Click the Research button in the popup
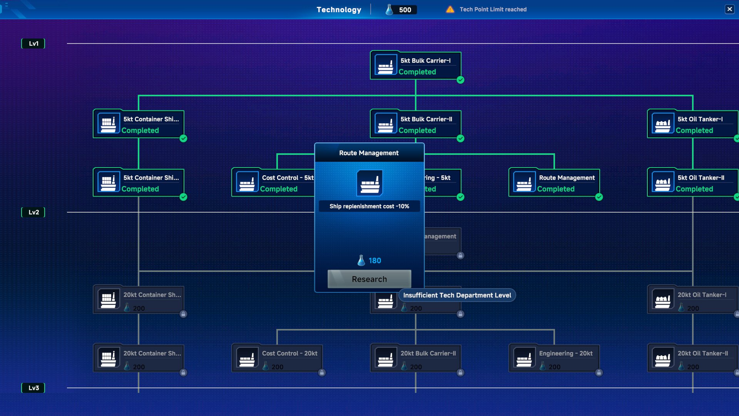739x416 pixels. tap(369, 279)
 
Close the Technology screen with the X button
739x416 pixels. tap(729, 9)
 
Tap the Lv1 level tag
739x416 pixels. tap(33, 44)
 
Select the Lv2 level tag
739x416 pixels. tap(33, 212)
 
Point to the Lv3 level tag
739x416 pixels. tap(33, 388)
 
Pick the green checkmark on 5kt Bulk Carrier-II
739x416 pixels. tap(460, 139)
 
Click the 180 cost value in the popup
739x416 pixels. tap(375, 261)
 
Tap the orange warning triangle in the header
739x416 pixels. tap(450, 10)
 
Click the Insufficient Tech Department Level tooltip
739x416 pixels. tap(457, 295)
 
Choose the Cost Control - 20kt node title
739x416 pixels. tap(289, 353)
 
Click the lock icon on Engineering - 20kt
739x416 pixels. tap(599, 372)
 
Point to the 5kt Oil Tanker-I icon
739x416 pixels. tap(662, 124)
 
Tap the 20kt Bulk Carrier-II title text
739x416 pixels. tap(428, 353)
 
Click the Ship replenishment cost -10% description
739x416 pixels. tap(369, 206)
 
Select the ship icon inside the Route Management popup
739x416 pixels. tap(369, 183)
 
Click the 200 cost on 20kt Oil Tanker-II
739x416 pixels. tap(693, 367)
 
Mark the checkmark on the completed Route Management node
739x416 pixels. tap(599, 197)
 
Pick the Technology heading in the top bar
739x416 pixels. tap(339, 10)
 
